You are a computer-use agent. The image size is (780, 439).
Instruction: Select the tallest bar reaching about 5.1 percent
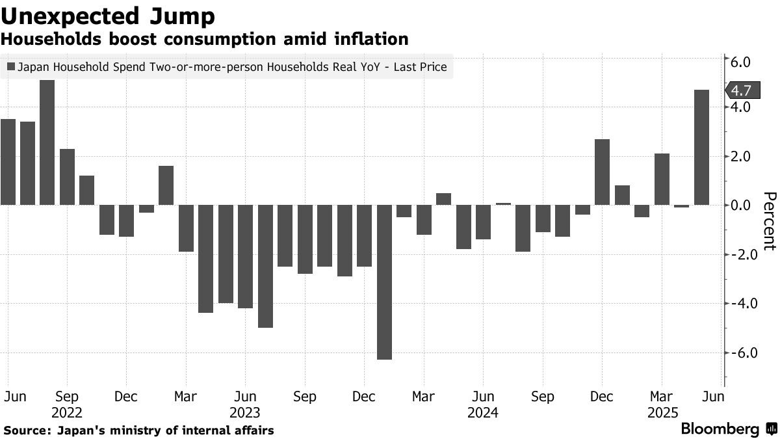click(x=47, y=142)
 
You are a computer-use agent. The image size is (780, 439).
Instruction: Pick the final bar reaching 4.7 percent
click(x=701, y=147)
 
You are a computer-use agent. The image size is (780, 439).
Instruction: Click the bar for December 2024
click(x=602, y=172)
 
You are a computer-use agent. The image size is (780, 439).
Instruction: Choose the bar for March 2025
click(x=662, y=179)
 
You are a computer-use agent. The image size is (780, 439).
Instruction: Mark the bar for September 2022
click(x=67, y=177)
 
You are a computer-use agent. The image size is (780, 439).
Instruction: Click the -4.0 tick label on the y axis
click(x=739, y=303)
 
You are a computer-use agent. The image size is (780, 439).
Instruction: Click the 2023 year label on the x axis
click(x=244, y=412)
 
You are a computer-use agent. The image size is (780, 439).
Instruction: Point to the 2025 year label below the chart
click(x=662, y=412)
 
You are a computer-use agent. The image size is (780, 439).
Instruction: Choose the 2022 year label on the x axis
click(x=67, y=412)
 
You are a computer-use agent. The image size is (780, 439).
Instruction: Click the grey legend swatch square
click(x=11, y=66)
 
